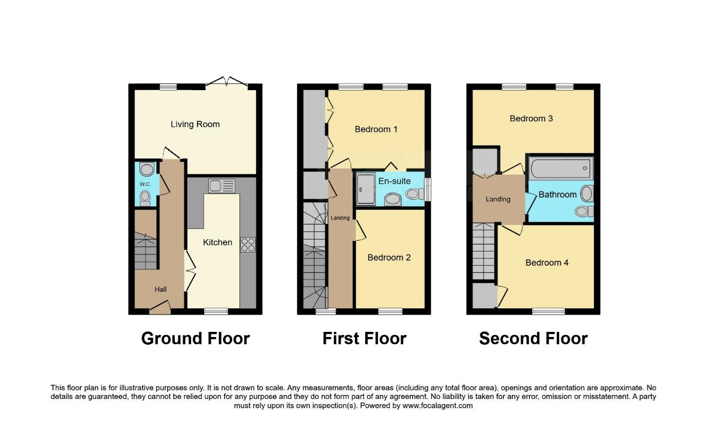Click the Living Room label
pyautogui.click(x=195, y=124)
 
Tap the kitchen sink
pyautogui.click(x=222, y=186)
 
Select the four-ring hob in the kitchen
pyautogui.click(x=248, y=245)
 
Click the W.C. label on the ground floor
pyautogui.click(x=145, y=184)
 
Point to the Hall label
pyautogui.click(x=161, y=289)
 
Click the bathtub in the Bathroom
pyautogui.click(x=561, y=168)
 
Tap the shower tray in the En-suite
pyautogui.click(x=366, y=189)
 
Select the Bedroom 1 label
pyautogui.click(x=376, y=130)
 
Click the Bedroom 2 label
pyautogui.click(x=389, y=258)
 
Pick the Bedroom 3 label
pyautogui.click(x=531, y=118)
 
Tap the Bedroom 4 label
pyautogui.click(x=547, y=263)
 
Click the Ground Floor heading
pyautogui.click(x=195, y=339)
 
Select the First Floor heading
pyautogui.click(x=365, y=339)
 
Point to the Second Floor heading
pyautogui.click(x=533, y=339)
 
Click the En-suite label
pyautogui.click(x=394, y=181)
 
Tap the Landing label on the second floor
pyautogui.click(x=498, y=199)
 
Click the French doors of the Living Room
pyautogui.click(x=227, y=81)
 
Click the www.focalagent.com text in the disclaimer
pyautogui.click(x=437, y=406)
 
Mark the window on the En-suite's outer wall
pyautogui.click(x=428, y=190)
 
